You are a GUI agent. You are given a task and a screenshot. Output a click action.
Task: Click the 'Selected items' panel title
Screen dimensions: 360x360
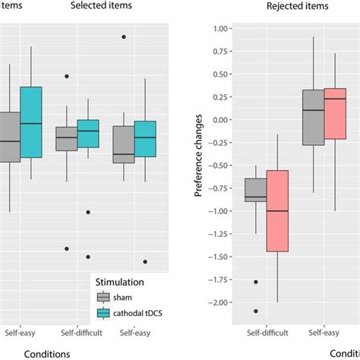tap(101, 6)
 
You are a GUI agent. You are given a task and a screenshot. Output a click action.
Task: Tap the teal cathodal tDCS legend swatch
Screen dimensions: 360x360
tap(106, 313)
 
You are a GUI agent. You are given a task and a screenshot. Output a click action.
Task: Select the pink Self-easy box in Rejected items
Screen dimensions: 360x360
tap(335, 113)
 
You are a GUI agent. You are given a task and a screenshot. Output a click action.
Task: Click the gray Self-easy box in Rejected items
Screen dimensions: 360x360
tap(313, 117)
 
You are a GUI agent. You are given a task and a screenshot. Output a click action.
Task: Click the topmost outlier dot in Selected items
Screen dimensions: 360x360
tap(124, 36)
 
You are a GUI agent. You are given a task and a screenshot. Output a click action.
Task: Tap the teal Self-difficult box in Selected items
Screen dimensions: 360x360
tap(88, 134)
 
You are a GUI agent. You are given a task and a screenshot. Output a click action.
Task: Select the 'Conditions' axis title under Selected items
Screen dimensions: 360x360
tap(47, 353)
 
